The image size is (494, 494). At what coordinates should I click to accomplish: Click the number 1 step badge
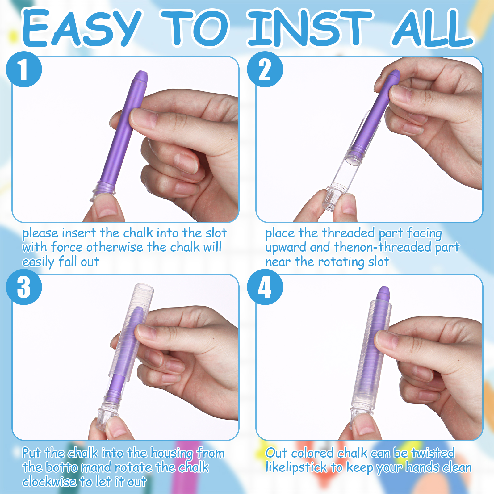point(24,69)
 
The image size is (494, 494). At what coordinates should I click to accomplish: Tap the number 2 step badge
point(265,69)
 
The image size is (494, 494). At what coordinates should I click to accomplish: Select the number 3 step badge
point(24,287)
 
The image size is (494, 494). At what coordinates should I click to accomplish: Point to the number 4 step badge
point(265,287)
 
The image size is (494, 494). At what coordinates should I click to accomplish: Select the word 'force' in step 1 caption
point(67,247)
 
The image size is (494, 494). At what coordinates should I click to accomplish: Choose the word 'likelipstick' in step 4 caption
point(296,467)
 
